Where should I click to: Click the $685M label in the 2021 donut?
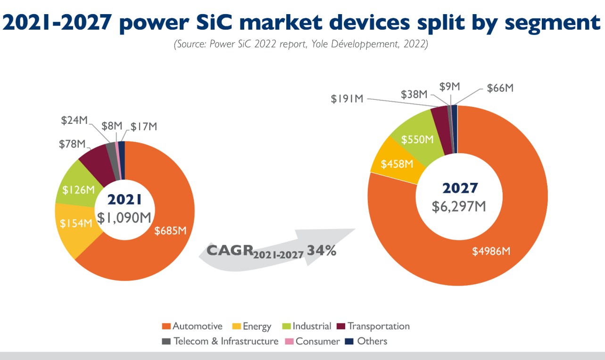[x=171, y=230]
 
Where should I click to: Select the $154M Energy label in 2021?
[x=77, y=223]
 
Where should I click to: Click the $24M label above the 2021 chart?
[x=74, y=120]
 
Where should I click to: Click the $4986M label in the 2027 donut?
[x=491, y=251]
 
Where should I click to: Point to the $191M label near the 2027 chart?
[x=347, y=98]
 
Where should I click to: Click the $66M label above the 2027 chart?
[x=499, y=88]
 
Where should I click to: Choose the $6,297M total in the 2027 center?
[x=460, y=206]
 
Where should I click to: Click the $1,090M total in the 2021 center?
[x=125, y=217]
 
